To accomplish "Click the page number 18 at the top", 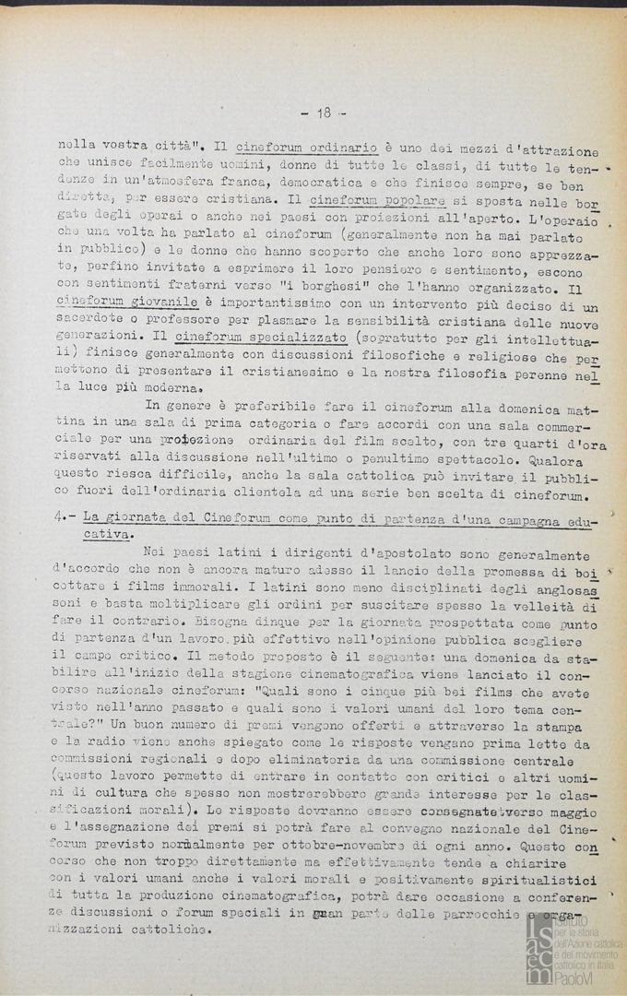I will pos(323,113).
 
